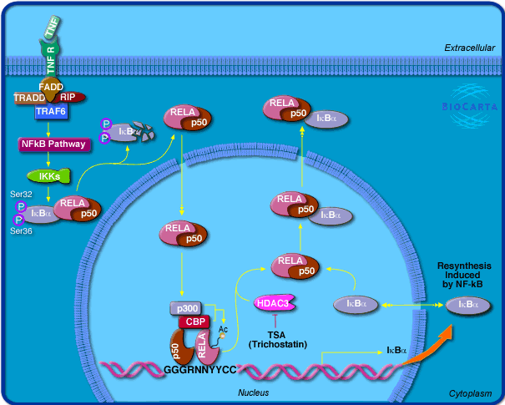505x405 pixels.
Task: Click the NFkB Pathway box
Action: coord(53,144)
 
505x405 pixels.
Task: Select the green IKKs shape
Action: coord(43,175)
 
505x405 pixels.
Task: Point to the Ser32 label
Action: coord(21,194)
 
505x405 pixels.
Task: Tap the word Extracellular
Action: coord(469,48)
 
